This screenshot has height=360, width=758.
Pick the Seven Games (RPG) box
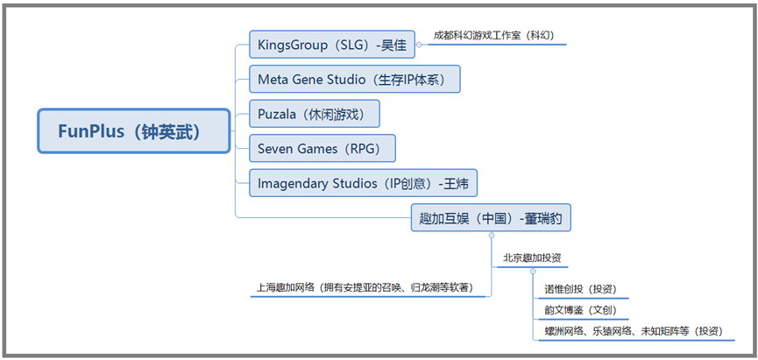click(x=322, y=149)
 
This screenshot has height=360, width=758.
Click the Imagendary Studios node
click(x=363, y=184)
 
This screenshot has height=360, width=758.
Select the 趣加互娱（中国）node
click(x=491, y=217)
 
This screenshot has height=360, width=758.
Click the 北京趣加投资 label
click(x=532, y=259)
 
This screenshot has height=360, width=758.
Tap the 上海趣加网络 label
click(x=369, y=286)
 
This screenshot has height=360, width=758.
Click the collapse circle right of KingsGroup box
click(x=420, y=44)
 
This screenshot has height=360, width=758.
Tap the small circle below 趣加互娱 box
click(x=491, y=236)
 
